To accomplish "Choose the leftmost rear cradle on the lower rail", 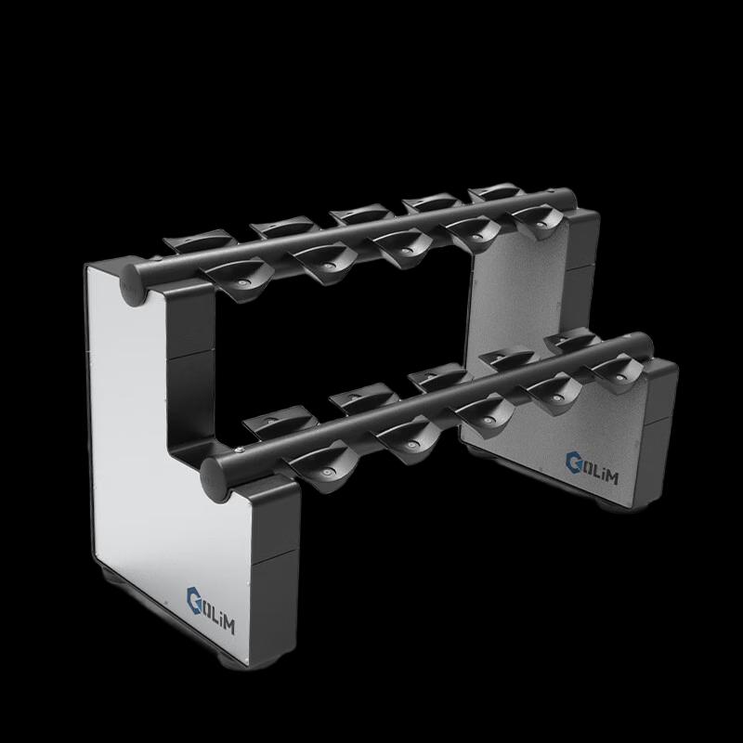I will [265, 423].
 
